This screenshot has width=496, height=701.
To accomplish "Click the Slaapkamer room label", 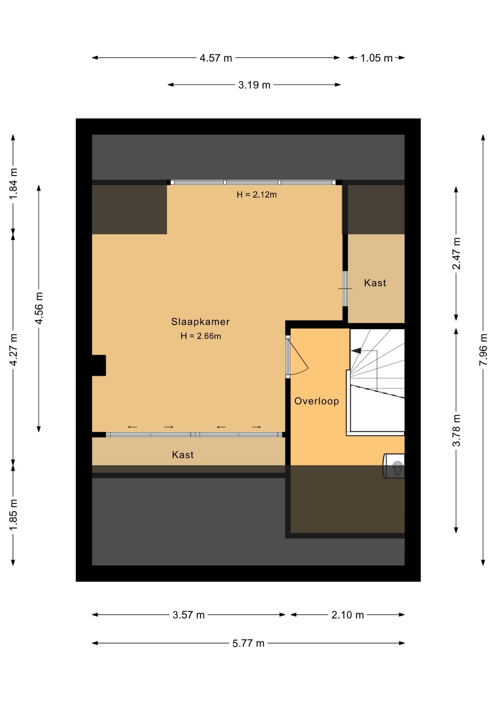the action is click(200, 322).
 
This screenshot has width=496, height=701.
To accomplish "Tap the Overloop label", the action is click(317, 401).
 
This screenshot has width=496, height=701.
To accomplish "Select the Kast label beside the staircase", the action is click(375, 283).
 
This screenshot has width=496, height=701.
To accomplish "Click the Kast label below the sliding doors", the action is click(183, 455).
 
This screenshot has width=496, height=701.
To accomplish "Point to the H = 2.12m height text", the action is click(256, 195).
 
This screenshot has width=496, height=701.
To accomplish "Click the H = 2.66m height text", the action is click(201, 336).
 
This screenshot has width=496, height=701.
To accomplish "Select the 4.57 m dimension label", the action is click(216, 58).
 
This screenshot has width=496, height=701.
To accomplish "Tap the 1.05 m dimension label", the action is click(377, 58).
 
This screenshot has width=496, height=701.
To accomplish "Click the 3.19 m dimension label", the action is click(254, 85).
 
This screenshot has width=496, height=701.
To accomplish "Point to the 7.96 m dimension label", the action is click(483, 349).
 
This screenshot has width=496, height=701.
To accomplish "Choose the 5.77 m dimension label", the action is click(248, 643).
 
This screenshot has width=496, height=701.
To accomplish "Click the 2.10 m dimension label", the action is click(348, 615).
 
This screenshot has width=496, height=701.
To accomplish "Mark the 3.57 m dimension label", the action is click(188, 615).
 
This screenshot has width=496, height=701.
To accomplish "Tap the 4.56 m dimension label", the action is click(39, 308).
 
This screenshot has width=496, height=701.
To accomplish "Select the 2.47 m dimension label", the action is click(456, 253).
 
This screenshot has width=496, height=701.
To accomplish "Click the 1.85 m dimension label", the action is click(13, 516).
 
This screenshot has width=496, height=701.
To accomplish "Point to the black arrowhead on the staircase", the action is click(356, 351).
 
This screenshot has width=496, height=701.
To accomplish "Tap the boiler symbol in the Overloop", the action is click(394, 466).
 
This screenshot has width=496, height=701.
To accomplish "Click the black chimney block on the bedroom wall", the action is click(99, 365).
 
